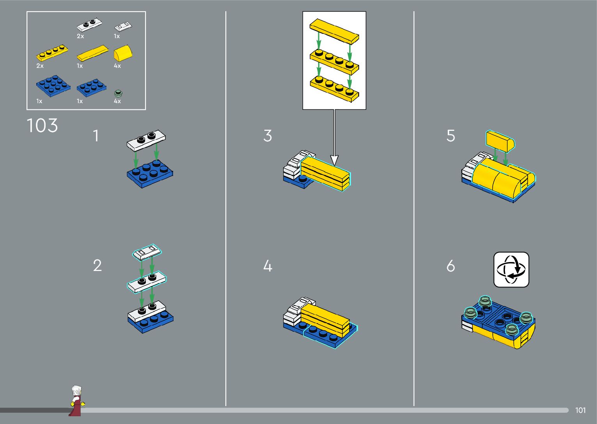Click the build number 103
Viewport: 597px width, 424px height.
click(42, 125)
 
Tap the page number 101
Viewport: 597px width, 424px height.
click(580, 410)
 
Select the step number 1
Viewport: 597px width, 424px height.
click(96, 135)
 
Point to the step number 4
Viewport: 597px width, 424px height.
click(268, 266)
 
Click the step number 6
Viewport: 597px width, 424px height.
click(451, 266)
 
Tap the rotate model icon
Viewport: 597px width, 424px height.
click(511, 270)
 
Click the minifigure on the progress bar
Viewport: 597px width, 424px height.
click(77, 401)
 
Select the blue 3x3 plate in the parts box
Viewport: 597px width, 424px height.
click(53, 86)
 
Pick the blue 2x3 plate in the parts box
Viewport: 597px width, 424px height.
click(91, 87)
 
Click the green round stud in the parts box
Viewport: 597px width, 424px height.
click(118, 93)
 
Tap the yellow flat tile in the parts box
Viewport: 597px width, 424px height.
click(92, 53)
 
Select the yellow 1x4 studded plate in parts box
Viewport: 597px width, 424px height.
click(52, 53)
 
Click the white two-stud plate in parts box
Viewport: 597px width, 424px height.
click(89, 25)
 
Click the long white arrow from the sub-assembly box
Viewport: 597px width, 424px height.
click(334, 137)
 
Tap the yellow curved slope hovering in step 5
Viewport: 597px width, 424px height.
click(500, 141)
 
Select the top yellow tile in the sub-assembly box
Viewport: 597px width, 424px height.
click(334, 31)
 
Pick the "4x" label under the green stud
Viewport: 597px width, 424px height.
click(117, 101)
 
